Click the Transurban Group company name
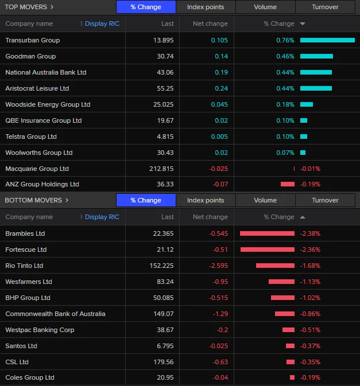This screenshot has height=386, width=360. point(32,40)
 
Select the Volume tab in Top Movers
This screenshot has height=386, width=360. point(265,7)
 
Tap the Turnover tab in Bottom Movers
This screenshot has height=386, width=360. point(325,201)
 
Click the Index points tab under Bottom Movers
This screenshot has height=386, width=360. point(206,201)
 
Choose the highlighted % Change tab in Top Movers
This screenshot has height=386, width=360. point(146,7)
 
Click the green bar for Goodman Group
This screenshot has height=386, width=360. point(316,56)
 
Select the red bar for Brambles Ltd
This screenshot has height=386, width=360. point(267,233)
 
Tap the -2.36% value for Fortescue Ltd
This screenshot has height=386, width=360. point(310,249)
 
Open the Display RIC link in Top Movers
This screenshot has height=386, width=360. point(102,24)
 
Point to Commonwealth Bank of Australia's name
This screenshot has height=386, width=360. point(55,314)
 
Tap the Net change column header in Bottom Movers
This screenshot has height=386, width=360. point(210,217)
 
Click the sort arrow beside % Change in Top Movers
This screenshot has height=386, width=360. point(303,24)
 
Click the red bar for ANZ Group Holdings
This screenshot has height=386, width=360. point(287,184)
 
